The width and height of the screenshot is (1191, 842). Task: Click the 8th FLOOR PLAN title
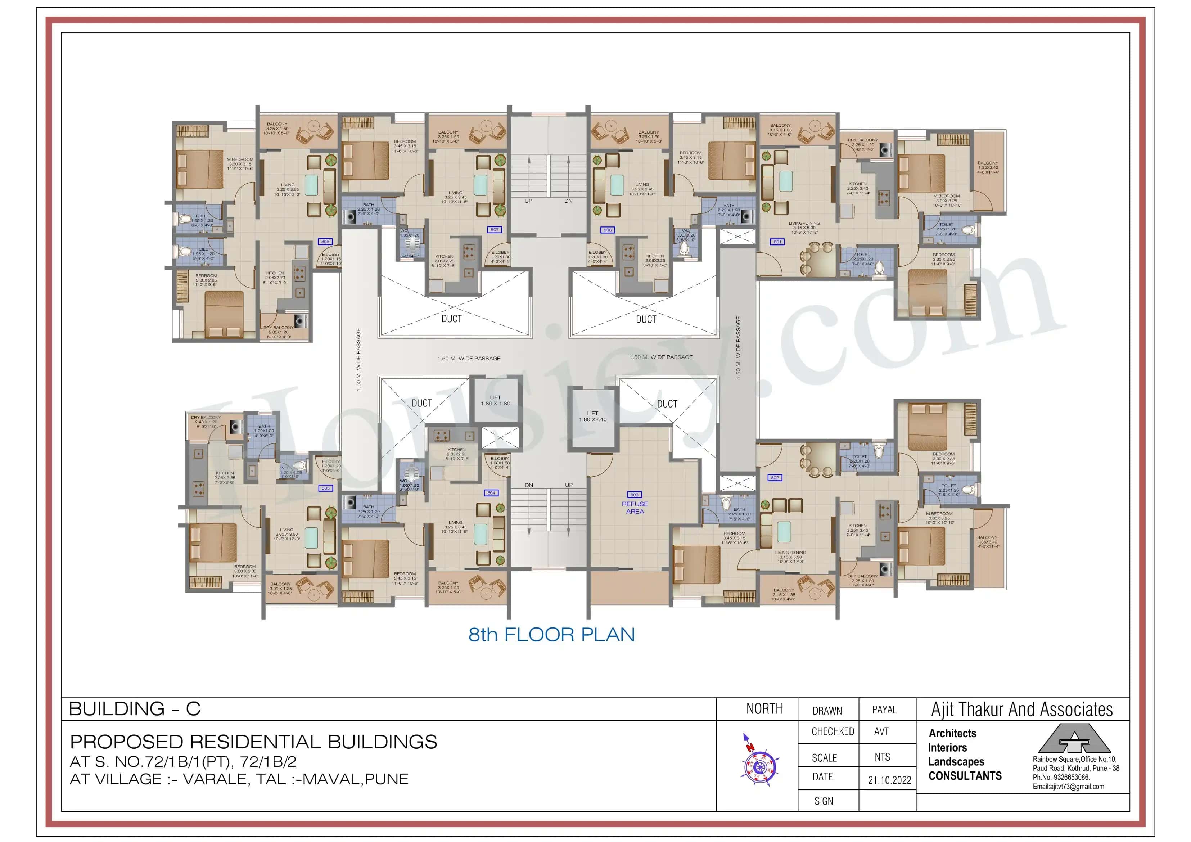click(551, 635)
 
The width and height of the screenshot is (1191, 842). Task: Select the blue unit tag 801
click(777, 242)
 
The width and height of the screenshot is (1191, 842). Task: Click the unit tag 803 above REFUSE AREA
click(635, 495)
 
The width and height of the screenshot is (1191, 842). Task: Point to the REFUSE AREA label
click(635, 507)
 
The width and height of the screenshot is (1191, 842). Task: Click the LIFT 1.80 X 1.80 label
click(495, 401)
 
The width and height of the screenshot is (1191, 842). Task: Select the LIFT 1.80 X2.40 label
click(592, 417)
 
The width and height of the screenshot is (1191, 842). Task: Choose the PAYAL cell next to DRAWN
click(884, 710)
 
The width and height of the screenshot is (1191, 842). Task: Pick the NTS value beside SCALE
click(882, 757)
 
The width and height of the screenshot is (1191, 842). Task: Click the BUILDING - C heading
click(134, 709)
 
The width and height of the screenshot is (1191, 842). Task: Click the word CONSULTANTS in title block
click(965, 776)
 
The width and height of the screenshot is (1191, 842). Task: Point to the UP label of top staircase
click(528, 201)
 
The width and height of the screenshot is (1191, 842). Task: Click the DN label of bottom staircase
click(529, 485)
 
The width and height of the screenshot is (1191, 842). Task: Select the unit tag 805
click(325, 488)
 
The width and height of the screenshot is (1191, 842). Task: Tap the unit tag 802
click(775, 478)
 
